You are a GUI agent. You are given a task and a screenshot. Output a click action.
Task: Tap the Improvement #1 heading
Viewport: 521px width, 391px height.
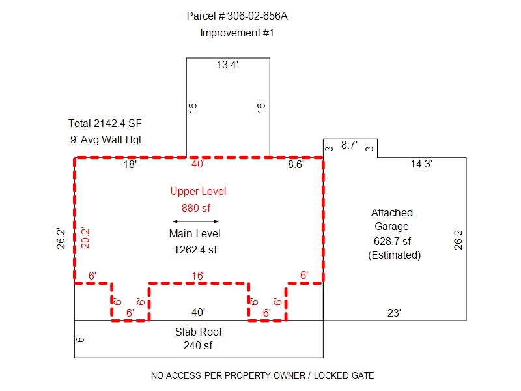[x=237, y=33]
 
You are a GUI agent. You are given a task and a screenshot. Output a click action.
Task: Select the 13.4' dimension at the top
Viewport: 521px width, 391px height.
[x=227, y=65]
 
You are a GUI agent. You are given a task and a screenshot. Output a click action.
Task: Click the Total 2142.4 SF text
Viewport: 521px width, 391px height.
[x=105, y=123]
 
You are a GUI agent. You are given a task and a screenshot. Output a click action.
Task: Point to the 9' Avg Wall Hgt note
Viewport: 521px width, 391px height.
[x=105, y=139]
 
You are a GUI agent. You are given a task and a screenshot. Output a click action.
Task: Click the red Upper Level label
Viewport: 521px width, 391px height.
[x=198, y=192]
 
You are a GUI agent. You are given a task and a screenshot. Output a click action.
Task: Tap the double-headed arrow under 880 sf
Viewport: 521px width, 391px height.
[x=195, y=222]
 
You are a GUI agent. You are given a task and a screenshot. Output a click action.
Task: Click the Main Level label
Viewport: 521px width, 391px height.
[x=195, y=233]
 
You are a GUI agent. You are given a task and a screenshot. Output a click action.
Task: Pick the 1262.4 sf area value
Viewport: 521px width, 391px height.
[x=195, y=249]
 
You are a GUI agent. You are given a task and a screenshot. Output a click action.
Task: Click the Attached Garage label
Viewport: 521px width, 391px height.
[x=391, y=220]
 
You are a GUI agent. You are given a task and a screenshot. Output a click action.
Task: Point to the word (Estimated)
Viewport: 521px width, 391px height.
[x=394, y=255]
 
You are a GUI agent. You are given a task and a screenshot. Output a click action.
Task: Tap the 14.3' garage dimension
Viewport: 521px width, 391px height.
[x=421, y=165]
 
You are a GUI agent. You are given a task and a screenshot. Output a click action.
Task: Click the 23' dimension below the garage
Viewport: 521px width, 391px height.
[x=394, y=313]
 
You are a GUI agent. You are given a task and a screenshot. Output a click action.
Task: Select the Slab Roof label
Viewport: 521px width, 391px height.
[x=198, y=332]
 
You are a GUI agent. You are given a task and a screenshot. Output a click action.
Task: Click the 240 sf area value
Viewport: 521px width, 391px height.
[x=198, y=345]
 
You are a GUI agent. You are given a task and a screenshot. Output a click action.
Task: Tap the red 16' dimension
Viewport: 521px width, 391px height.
[x=197, y=276]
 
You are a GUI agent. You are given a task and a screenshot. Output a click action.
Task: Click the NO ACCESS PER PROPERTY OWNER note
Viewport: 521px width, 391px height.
[x=262, y=375]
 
